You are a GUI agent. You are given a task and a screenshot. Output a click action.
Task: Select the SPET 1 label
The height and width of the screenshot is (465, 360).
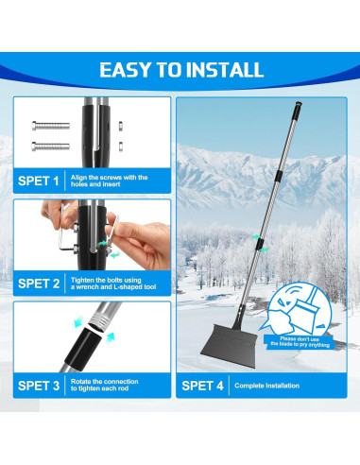tap(39, 179)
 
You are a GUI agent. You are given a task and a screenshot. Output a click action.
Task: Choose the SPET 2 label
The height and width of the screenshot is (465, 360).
tap(39, 281)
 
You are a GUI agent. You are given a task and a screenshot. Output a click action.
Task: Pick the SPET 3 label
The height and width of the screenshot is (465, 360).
tap(39, 385)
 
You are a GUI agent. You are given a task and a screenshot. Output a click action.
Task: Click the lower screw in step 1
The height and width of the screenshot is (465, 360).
tap(49, 146)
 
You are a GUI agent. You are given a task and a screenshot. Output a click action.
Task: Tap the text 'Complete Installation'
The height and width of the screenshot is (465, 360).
tap(269, 385)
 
